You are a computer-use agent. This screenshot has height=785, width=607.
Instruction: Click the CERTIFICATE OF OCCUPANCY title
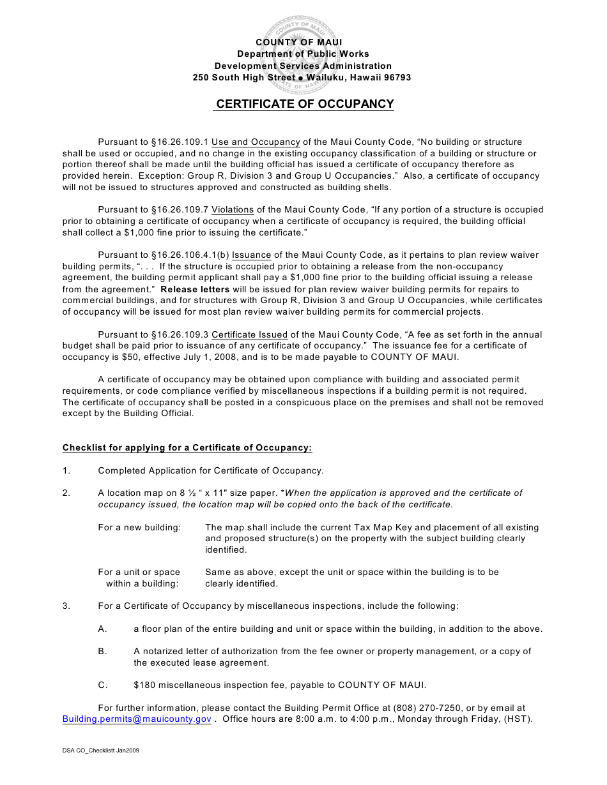[304, 104]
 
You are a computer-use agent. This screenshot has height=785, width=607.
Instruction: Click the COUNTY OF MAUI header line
[303, 42]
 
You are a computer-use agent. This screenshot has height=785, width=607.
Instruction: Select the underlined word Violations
[233, 209]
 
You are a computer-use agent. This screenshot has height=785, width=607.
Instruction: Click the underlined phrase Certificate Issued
[249, 334]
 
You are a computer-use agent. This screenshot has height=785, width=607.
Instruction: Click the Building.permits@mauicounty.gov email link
[137, 719]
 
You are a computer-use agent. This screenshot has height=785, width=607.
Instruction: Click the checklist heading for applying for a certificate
[187, 448]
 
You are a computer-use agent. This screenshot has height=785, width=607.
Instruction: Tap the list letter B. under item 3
[102, 652]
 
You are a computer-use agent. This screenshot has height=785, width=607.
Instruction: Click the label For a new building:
[139, 528]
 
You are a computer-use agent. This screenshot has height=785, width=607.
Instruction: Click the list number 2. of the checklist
[66, 493]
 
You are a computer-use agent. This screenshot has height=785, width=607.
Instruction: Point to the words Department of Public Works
[303, 54]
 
